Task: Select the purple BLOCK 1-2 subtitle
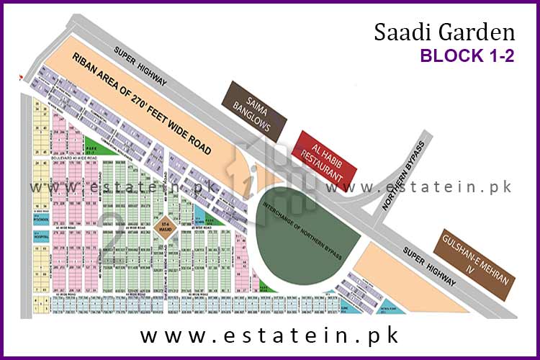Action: [x=467, y=57]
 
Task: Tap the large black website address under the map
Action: [x=270, y=336]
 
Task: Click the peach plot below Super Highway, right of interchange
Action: [x=403, y=277]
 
